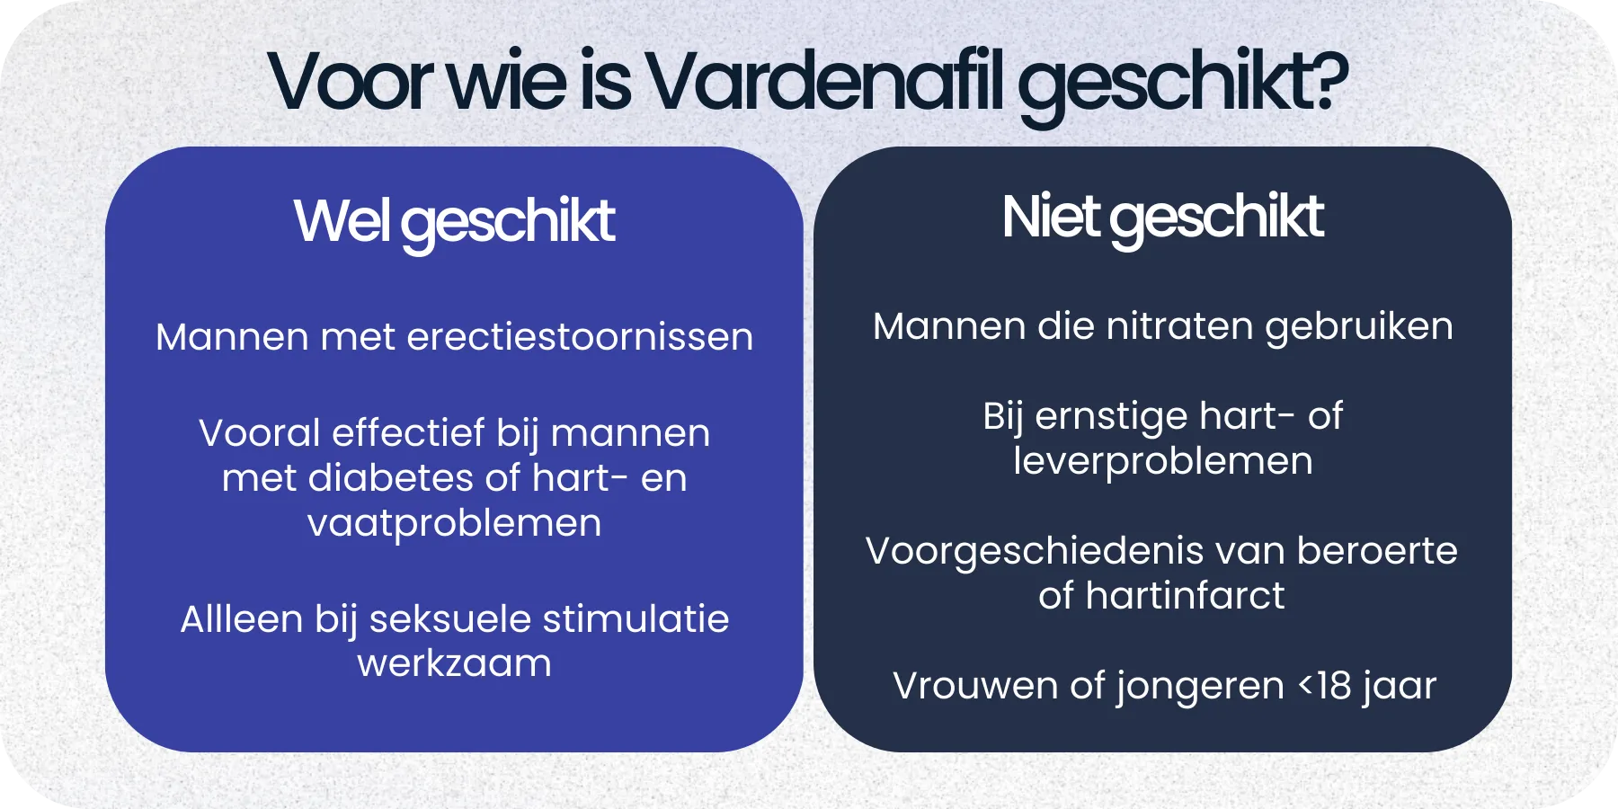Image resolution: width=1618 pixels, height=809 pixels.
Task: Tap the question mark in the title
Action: point(1327,81)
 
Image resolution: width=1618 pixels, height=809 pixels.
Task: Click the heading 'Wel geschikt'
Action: point(454,221)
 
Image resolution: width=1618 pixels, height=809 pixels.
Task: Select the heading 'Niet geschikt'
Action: point(1162,218)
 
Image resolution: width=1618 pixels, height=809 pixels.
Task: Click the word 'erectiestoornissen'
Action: point(580,337)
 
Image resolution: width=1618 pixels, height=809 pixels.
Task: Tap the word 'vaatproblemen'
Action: point(454,523)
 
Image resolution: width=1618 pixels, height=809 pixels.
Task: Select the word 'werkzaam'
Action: point(454,663)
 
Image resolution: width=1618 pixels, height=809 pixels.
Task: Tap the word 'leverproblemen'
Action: point(1162,461)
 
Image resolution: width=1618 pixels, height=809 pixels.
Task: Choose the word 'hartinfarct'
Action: point(1185,596)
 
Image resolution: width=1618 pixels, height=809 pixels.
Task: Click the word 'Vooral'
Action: point(259,433)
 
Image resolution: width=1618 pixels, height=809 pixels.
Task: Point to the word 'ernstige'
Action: point(1111,417)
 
